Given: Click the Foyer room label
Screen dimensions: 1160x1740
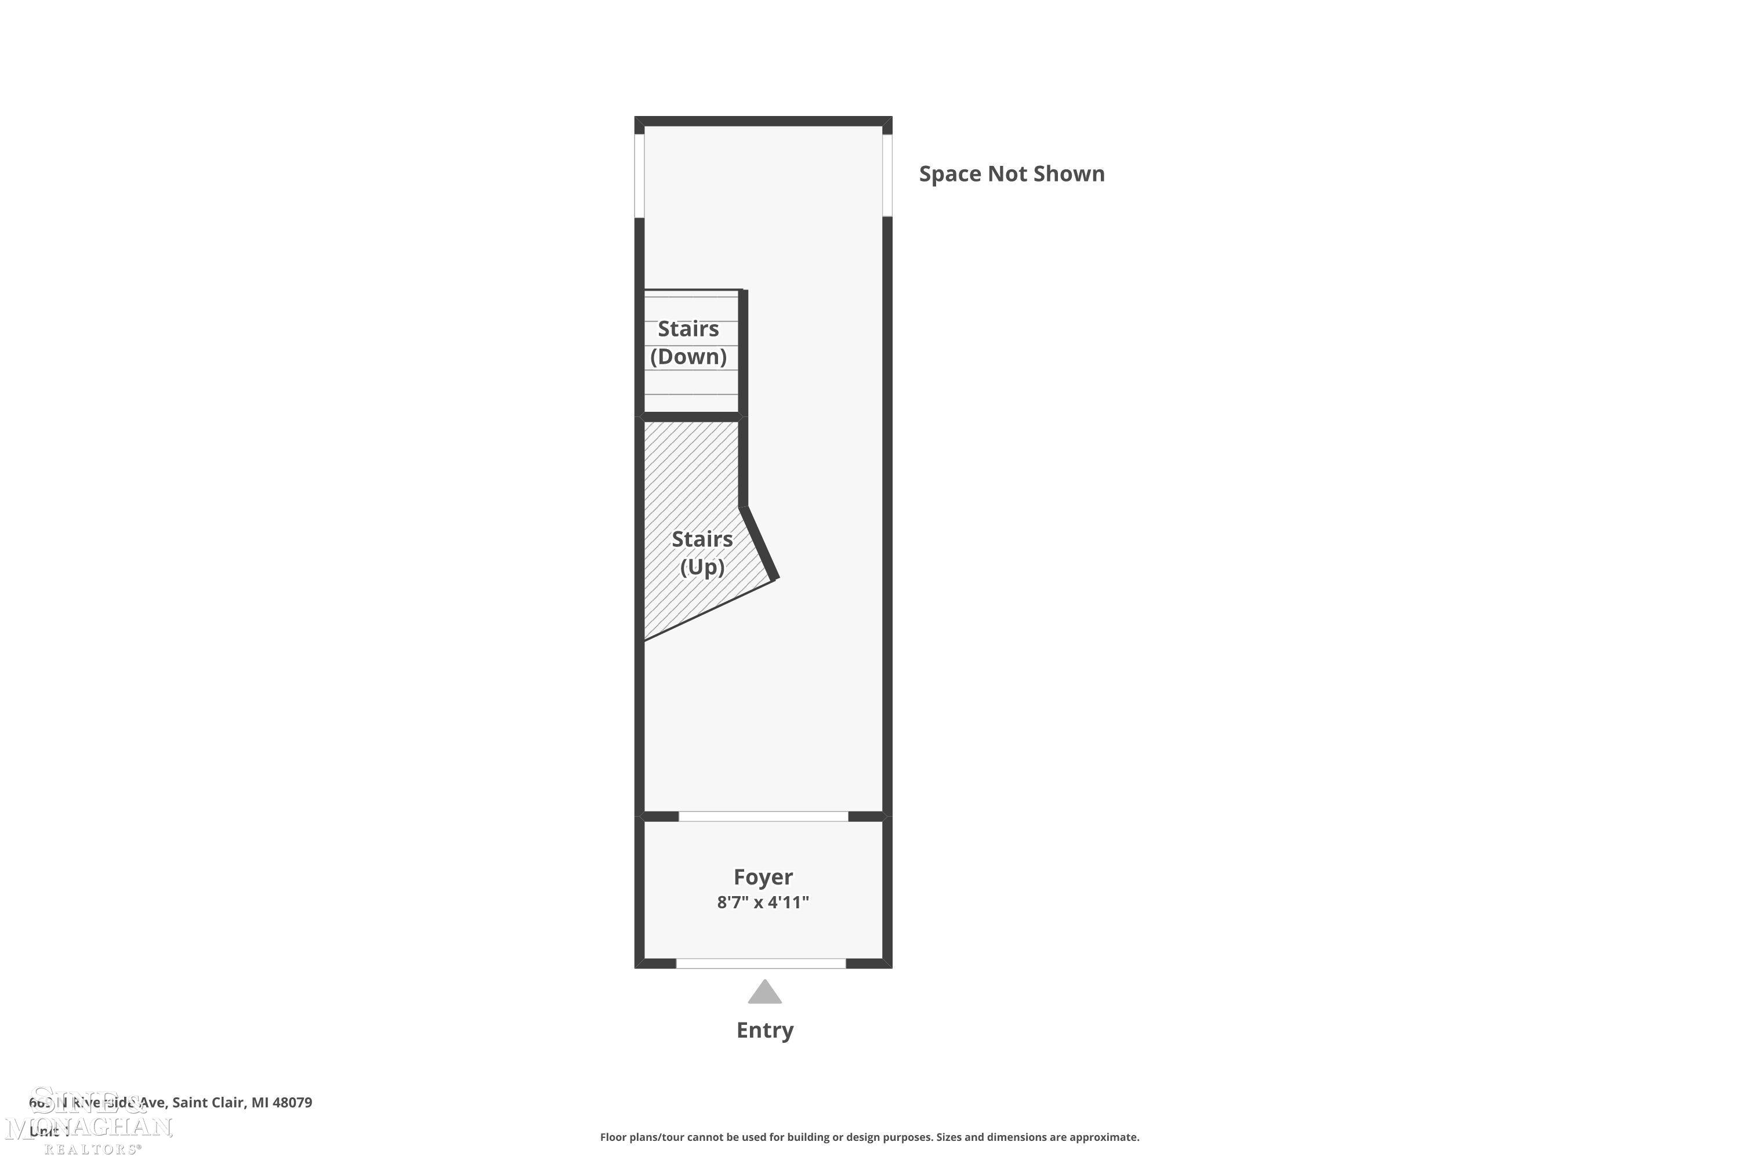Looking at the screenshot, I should tap(763, 876).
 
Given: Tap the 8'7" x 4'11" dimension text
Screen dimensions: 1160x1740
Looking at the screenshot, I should tap(763, 902).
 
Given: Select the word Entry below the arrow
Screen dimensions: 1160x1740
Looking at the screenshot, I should tap(764, 1030).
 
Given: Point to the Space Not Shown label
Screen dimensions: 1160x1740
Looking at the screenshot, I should tap(1012, 174).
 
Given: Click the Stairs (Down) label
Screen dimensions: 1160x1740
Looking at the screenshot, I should tap(688, 343).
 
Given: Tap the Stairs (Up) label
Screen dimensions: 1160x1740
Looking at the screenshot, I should tap(701, 553).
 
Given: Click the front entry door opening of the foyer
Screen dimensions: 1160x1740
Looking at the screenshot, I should tap(760, 963).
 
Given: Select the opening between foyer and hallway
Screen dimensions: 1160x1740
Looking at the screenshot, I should tap(763, 816).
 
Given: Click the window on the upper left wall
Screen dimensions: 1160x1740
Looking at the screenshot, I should tap(639, 176).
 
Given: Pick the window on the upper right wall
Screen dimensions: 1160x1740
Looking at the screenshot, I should tap(887, 176).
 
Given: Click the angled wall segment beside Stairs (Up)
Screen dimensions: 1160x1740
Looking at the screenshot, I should tap(760, 542).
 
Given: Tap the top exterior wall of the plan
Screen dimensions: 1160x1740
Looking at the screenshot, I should tap(763, 121).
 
